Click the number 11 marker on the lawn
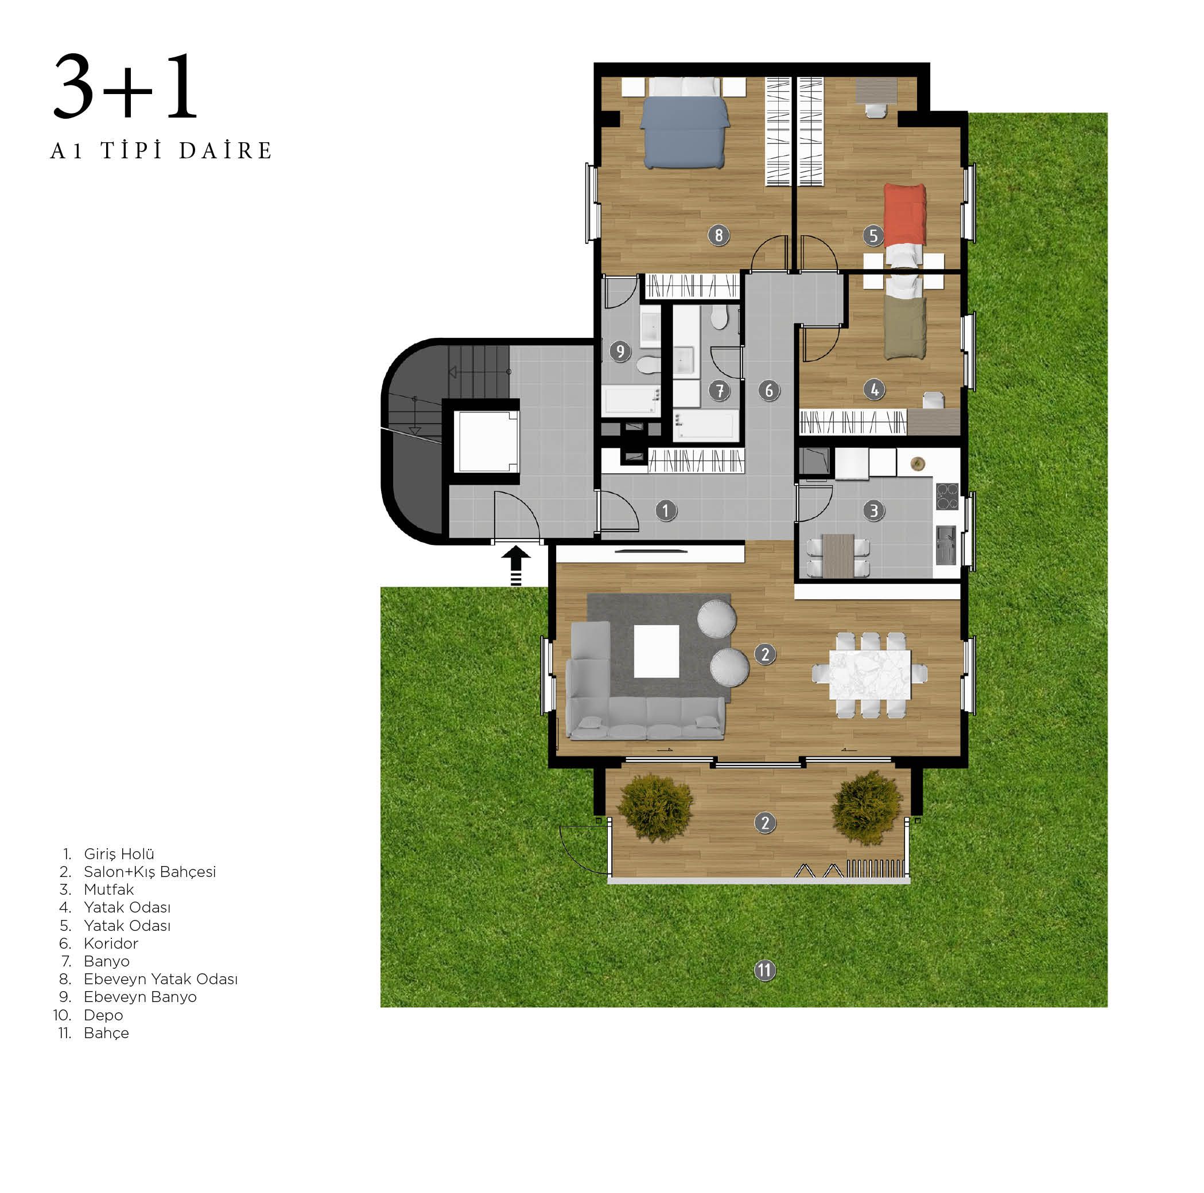[x=764, y=970]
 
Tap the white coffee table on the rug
[x=656, y=651]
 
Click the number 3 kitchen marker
[x=873, y=511]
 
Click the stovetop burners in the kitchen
[x=947, y=497]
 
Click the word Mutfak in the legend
[x=109, y=890]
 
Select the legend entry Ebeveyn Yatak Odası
[x=161, y=979]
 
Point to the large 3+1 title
[x=125, y=86]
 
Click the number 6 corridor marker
[x=768, y=391]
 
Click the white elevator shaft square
[x=486, y=441]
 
